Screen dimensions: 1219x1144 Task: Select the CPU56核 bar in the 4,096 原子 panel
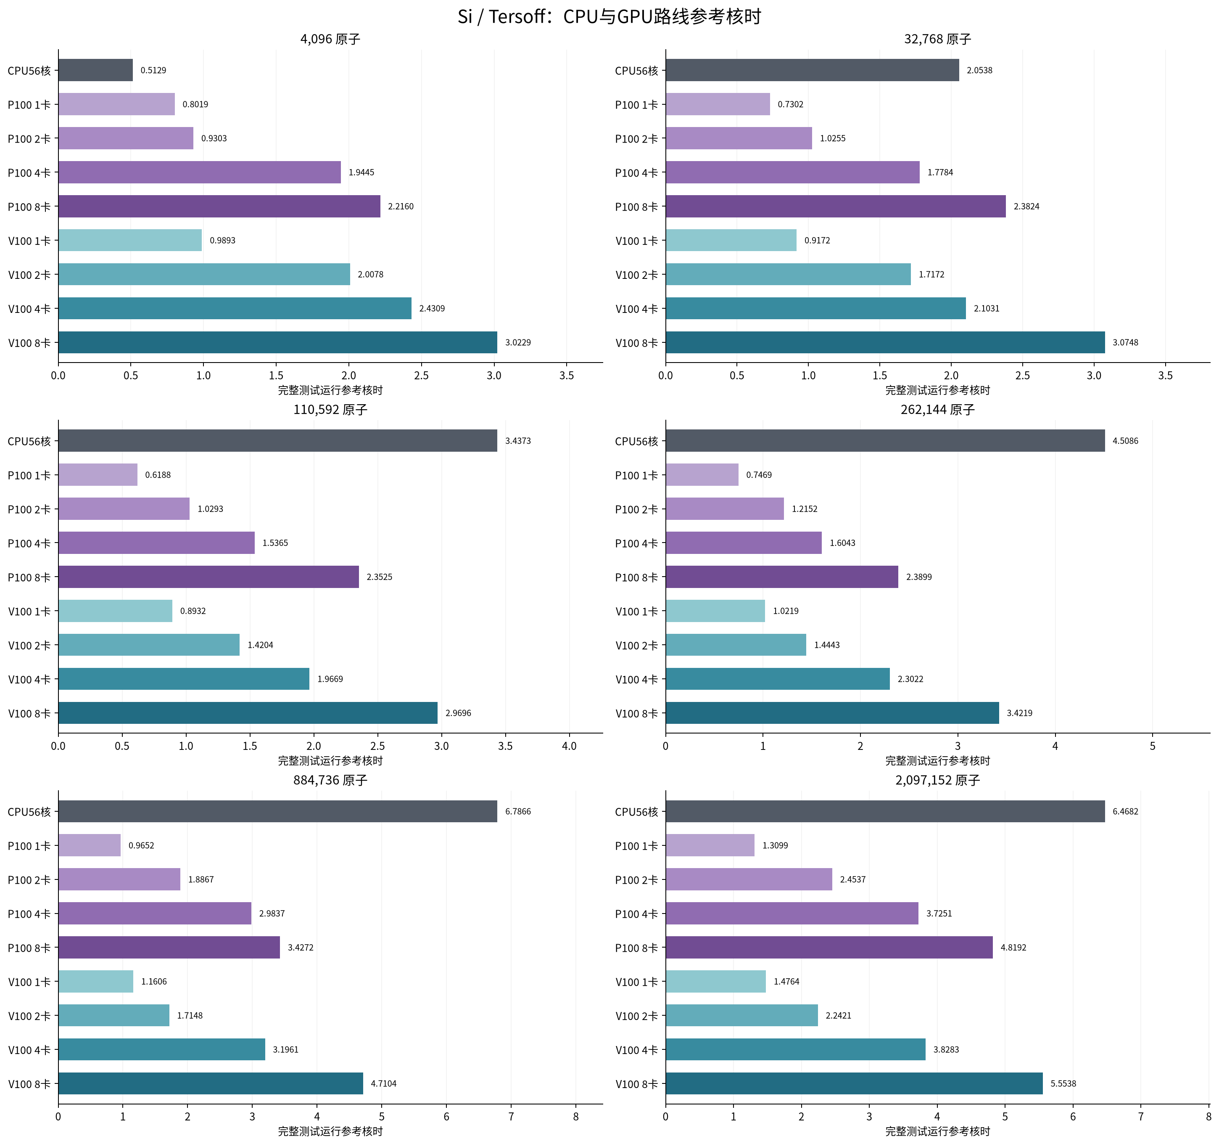(96, 70)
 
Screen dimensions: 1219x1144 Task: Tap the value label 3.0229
(518, 342)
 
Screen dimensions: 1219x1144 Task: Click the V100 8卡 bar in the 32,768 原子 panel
(885, 342)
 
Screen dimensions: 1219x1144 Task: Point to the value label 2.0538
(980, 70)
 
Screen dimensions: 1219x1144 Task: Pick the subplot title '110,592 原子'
(330, 410)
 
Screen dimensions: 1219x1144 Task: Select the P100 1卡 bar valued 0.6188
(98, 475)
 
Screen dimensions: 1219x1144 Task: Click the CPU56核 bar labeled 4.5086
(885, 440)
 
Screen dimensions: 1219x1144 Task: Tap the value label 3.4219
(1020, 713)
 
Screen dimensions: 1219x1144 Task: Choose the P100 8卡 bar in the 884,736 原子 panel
(169, 947)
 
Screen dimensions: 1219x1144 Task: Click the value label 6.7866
(518, 811)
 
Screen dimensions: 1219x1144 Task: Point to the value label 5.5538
(1063, 1083)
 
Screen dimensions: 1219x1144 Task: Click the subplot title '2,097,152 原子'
(937, 780)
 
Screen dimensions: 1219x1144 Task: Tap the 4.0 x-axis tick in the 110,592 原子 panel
(569, 746)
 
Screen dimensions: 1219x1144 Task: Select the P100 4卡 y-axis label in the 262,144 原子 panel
(636, 543)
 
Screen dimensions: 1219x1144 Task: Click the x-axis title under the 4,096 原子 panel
(330, 390)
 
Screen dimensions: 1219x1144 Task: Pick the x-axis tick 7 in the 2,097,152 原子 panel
(1140, 1116)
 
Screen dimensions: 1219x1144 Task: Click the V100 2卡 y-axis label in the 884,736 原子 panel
(29, 1016)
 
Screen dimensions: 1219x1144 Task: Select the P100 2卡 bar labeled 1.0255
(739, 138)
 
